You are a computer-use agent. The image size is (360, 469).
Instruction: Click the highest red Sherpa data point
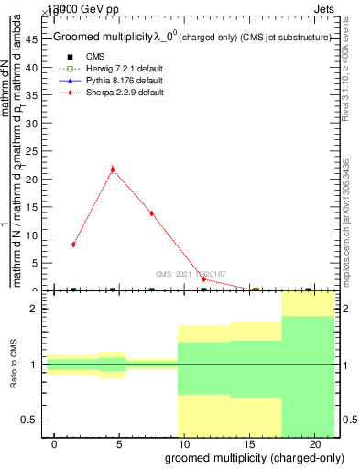coord(112,169)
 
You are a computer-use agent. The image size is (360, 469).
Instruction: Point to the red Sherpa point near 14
coord(151,213)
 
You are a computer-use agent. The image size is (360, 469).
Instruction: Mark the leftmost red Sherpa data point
coord(73,245)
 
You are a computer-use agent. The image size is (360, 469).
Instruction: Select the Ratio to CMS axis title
coord(15,365)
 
